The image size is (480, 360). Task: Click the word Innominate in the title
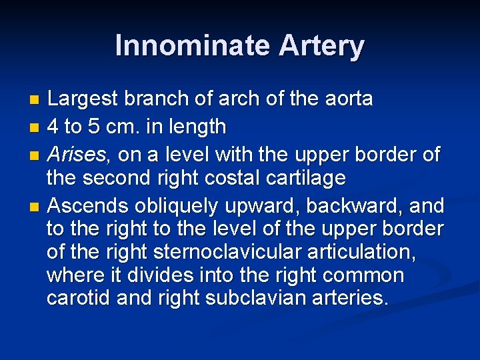tap(191, 46)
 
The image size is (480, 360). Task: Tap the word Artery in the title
tap(321, 46)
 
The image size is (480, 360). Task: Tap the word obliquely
tap(175, 207)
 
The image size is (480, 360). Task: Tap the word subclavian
tap(240, 298)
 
